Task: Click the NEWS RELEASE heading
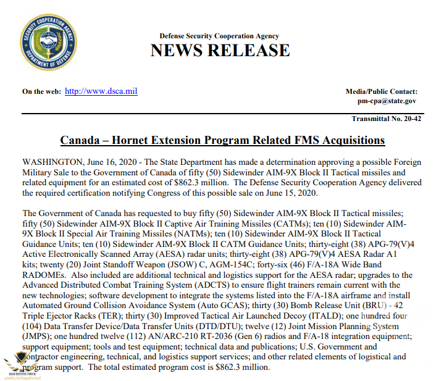click(x=220, y=51)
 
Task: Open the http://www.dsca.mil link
click(x=101, y=91)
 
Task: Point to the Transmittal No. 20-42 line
click(x=386, y=119)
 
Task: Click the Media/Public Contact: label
click(x=381, y=91)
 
